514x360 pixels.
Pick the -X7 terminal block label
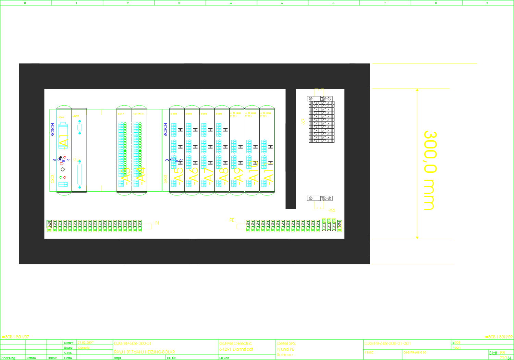point(303,121)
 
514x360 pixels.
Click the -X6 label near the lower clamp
point(331,210)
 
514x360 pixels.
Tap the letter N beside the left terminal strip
point(157,223)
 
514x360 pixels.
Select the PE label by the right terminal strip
point(232,220)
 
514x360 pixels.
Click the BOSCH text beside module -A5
point(166,130)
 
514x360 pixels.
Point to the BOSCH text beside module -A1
point(53,130)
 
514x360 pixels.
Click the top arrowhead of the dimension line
point(417,90)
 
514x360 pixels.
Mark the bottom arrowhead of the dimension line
point(417,237)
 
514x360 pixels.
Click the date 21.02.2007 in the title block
point(86,343)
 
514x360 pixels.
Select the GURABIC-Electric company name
point(236,343)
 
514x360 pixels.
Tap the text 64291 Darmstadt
point(236,349)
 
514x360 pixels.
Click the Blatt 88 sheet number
point(497,353)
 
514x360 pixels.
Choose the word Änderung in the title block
point(8,358)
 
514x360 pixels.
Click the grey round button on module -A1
point(62,169)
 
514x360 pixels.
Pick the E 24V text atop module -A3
point(121,113)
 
